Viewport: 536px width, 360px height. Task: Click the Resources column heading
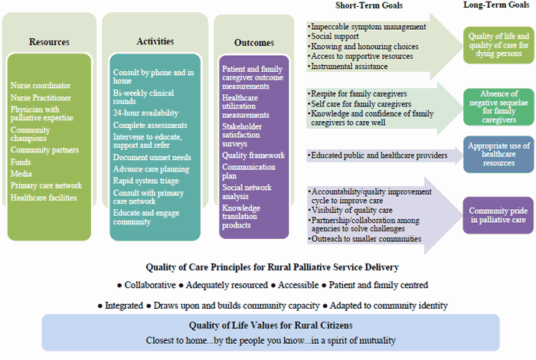pos(49,41)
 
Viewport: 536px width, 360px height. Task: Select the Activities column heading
pos(155,41)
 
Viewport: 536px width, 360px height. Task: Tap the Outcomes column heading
pos(254,43)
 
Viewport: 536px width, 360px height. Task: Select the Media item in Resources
pos(21,174)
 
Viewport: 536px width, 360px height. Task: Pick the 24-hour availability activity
pos(145,113)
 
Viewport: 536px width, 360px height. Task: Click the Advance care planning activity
pos(152,169)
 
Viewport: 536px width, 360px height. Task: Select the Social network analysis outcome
pos(247,191)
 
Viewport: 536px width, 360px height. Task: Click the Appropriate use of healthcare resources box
pos(498,154)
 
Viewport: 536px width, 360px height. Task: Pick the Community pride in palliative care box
pos(498,214)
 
